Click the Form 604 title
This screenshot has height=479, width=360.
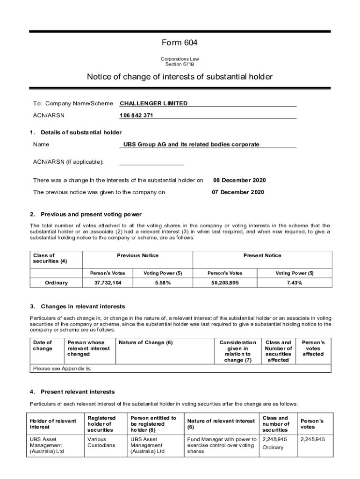pos(180,43)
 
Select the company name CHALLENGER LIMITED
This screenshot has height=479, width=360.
pos(153,103)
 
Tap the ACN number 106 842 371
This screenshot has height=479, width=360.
pos(136,116)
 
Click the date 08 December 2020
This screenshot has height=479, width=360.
pos(239,180)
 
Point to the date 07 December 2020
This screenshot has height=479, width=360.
pos(238,192)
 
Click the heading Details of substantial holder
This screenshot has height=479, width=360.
pos(81,132)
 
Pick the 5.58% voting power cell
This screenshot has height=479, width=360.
pos(162,283)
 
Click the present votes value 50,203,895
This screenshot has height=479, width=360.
pos(223,283)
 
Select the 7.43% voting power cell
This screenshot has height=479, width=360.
pos(294,283)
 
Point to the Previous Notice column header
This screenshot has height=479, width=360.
pos(137,255)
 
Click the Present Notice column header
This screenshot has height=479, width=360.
pos(262,255)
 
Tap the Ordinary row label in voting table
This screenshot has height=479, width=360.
pos(56,283)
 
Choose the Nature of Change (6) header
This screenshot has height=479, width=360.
pos(146,342)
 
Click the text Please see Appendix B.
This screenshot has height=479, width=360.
pos(62,369)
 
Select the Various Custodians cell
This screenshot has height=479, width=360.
pos(101,442)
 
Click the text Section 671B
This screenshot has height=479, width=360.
pos(180,64)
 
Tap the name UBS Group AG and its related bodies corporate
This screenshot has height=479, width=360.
pos(191,145)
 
